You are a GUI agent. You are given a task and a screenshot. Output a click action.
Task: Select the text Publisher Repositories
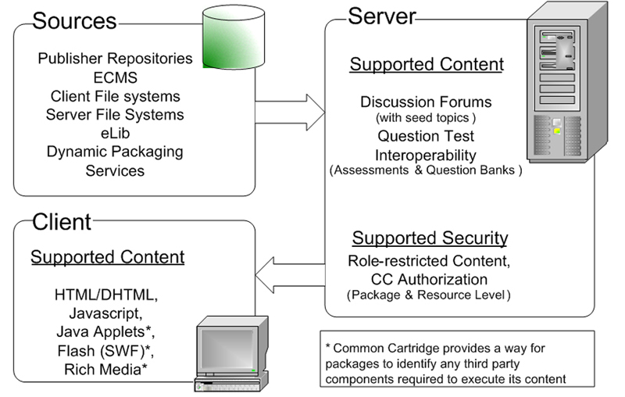tap(115, 59)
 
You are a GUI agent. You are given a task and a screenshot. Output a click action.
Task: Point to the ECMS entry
tap(114, 77)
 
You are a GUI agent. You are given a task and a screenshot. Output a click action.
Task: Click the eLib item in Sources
tap(114, 134)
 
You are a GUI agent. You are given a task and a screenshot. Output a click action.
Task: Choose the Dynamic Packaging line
tap(114, 152)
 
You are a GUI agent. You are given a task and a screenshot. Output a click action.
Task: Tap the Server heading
tap(382, 15)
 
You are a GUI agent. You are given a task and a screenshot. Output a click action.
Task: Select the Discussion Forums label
tap(426, 102)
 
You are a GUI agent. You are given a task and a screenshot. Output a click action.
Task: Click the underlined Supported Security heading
tap(430, 238)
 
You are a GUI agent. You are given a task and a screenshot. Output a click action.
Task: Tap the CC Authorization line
tap(429, 279)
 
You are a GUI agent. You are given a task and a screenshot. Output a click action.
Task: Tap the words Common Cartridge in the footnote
tap(398, 345)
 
